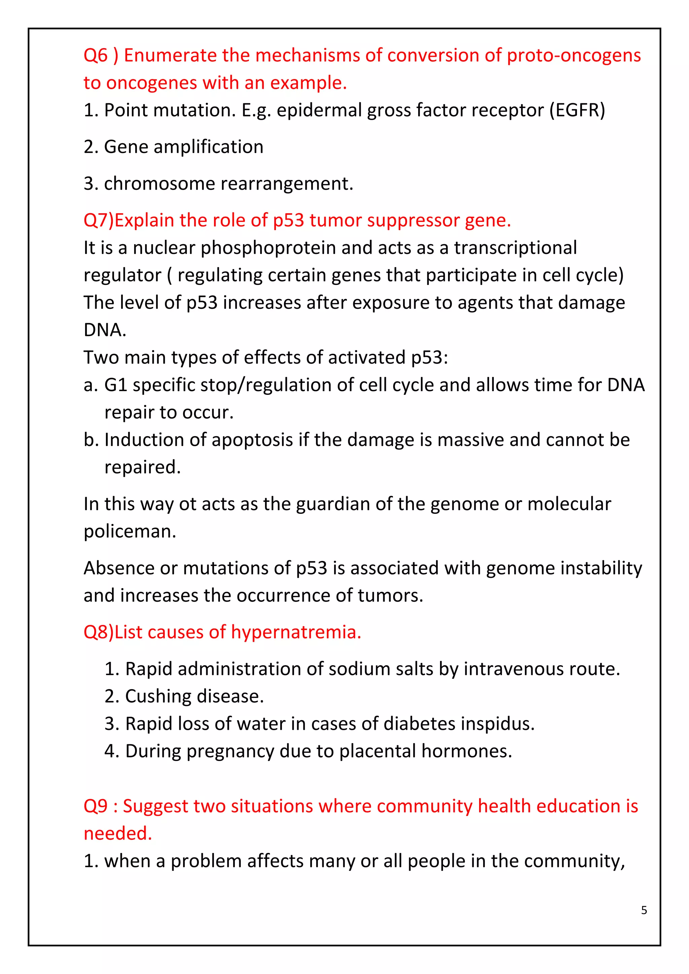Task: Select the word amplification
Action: tap(208, 147)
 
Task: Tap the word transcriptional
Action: tap(515, 248)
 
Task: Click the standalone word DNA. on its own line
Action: tap(105, 330)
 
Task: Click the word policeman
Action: tap(130, 531)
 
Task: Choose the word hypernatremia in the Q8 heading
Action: tap(296, 632)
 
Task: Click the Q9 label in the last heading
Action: tap(96, 806)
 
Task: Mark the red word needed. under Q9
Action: tap(117, 834)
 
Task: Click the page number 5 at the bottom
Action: tap(644, 910)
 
